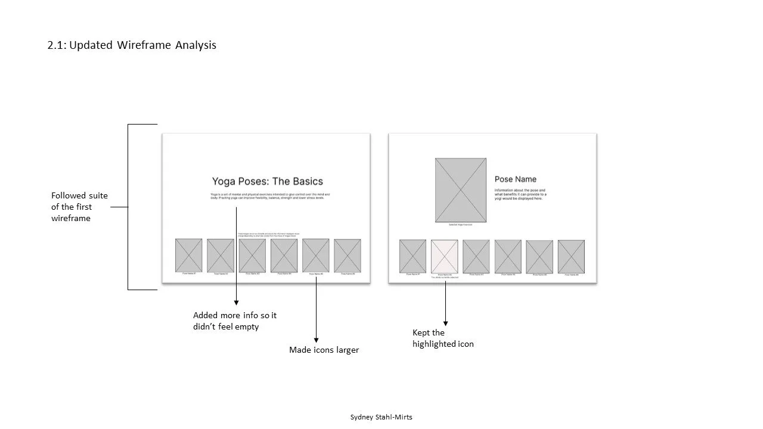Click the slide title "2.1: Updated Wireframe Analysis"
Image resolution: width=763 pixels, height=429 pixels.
(132, 45)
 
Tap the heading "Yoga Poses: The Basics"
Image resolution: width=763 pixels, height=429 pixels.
(267, 181)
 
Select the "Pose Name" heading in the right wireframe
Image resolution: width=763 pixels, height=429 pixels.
(515, 179)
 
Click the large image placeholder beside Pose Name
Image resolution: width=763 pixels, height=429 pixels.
(460, 190)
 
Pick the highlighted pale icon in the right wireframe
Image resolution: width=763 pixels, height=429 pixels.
(444, 257)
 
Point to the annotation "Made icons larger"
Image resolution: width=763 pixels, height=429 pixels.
(324, 350)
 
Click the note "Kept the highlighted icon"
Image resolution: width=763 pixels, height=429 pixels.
(443, 338)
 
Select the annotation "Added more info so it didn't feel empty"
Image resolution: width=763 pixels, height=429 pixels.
(235, 321)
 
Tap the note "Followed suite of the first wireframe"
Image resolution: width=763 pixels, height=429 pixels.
(79, 207)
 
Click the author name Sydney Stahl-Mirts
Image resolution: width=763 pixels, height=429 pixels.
(381, 417)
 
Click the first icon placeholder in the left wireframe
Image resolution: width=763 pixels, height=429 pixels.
(188, 256)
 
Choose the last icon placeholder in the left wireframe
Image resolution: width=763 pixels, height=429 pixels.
(347, 256)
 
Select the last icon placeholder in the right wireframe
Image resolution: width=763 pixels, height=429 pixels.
(571, 257)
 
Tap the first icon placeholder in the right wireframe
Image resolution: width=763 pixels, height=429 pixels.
(412, 257)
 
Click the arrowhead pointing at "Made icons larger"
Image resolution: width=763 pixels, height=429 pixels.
(316, 340)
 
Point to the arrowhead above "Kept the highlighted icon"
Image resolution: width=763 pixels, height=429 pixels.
(445, 323)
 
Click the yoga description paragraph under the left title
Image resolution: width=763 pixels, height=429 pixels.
(270, 196)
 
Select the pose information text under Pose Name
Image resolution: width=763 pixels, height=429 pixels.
(520, 194)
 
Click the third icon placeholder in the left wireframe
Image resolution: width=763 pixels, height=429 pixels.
(252, 256)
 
